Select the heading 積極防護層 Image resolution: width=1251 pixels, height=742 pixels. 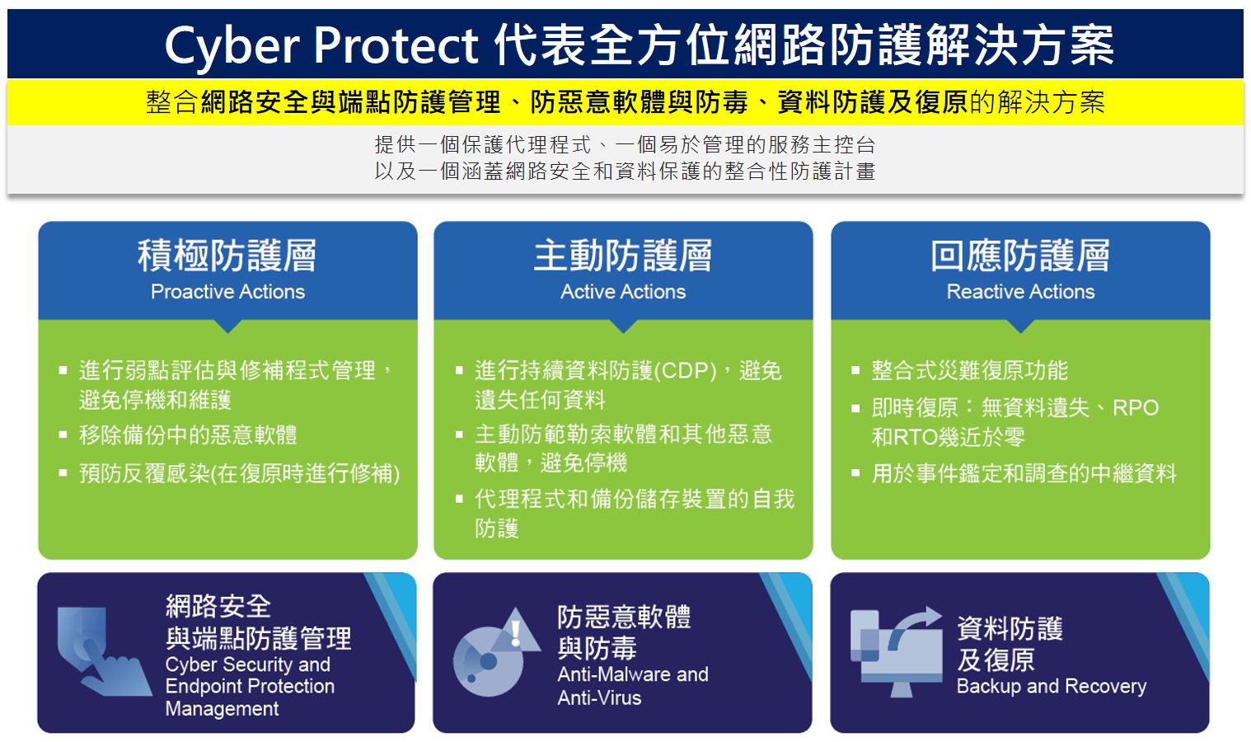227,256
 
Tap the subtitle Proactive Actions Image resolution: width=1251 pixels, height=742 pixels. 227,292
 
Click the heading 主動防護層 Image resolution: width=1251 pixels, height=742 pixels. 623,256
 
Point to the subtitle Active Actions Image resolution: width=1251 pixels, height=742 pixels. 623,292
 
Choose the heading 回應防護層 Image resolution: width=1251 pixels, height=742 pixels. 1020,256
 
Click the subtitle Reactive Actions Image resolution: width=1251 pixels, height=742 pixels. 1021,292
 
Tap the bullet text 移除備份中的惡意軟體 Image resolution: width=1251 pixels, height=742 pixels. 188,434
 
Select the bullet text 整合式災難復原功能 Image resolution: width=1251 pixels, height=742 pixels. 969,370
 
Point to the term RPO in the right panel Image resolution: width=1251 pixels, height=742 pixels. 1136,408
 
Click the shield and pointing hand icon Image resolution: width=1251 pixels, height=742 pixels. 103,651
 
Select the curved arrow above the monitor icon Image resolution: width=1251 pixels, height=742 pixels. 914,627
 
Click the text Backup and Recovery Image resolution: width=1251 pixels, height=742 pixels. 1051,686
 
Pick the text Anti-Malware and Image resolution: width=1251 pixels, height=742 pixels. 633,674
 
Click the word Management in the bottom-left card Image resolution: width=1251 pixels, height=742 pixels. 222,708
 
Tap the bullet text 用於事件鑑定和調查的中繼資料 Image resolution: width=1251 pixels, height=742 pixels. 1024,473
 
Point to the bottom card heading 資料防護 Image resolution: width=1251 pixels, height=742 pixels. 1010,628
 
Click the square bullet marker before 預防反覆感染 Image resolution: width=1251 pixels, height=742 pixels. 63,474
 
